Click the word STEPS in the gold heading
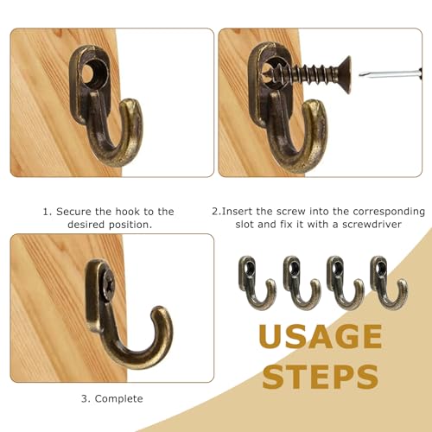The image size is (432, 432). coord(321,377)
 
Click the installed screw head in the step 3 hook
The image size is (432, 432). coord(105,283)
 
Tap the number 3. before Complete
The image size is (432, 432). coord(86,398)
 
